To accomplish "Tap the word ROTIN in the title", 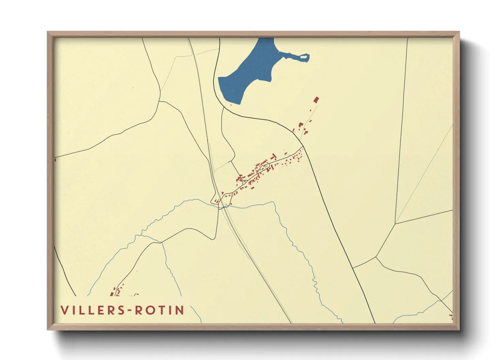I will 160,310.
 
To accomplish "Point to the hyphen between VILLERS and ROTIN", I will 129,310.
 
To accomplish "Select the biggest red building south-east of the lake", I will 316,100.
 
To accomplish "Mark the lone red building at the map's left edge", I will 55,159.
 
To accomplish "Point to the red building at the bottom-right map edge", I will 452,317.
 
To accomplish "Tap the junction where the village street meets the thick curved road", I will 303,147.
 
